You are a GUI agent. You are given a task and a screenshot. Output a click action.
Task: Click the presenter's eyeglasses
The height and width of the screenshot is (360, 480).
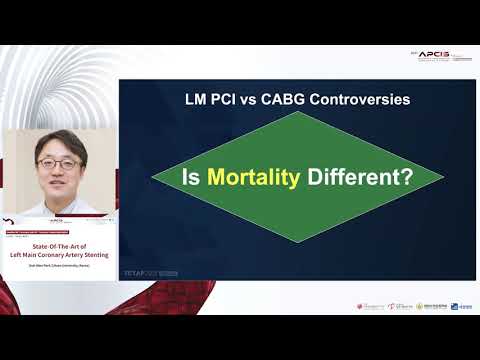point(61,159)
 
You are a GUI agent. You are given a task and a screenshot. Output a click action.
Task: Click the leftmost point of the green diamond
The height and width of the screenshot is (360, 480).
point(152,182)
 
